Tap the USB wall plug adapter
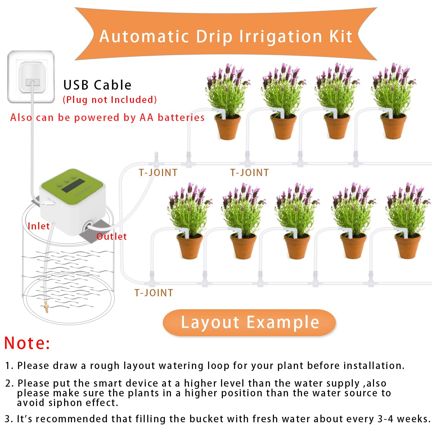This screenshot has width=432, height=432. point(31,77)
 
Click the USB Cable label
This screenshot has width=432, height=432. point(97,85)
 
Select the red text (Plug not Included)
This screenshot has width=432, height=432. point(110,100)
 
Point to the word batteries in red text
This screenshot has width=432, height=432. point(181,117)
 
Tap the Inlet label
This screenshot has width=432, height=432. point(39,226)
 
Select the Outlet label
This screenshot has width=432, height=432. point(112,237)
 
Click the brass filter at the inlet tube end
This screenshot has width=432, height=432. point(46,307)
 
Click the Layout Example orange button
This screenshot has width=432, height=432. point(249,323)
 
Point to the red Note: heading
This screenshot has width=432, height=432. point(27,343)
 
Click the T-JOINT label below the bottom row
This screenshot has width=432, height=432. point(154,293)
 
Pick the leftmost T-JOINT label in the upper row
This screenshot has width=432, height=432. point(158,173)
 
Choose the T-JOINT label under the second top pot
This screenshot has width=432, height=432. point(249,173)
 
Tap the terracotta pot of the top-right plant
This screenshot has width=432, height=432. point(393,127)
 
